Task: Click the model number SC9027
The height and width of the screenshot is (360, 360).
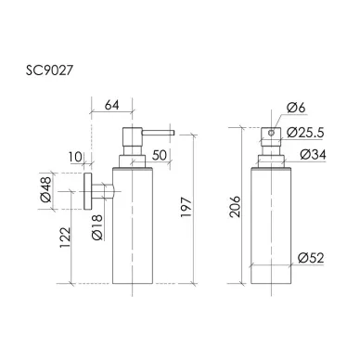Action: [49, 71]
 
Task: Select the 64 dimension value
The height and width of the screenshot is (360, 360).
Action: [111, 105]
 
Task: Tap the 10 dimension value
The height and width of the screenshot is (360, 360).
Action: [75, 157]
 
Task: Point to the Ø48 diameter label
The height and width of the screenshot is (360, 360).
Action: [46, 189]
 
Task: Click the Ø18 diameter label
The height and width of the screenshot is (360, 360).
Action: [97, 227]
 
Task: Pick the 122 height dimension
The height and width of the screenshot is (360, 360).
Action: [65, 238]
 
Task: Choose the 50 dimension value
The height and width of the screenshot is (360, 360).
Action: [160, 155]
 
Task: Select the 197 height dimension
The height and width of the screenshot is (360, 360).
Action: [186, 207]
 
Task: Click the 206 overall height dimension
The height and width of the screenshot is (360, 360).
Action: [235, 206]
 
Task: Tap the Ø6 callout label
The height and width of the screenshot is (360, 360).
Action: [296, 108]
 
